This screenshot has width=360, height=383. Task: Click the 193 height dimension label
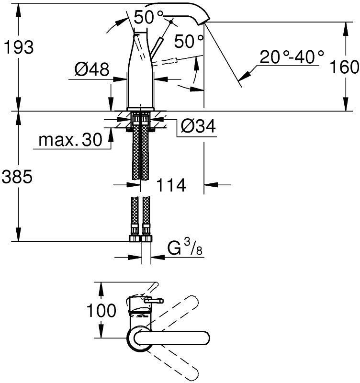pyautogui.click(x=18, y=47)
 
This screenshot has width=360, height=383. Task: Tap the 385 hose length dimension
pyautogui.click(x=18, y=177)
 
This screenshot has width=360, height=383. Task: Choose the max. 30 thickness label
pyautogui.click(x=70, y=140)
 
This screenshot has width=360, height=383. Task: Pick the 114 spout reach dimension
pyautogui.click(x=170, y=185)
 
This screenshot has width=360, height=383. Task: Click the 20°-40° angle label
pyautogui.click(x=292, y=58)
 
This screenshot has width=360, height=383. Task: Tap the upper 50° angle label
pyautogui.click(x=148, y=18)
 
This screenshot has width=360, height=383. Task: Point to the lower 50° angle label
pyautogui.click(x=188, y=41)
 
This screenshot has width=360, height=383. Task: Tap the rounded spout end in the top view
pyautogui.click(x=203, y=338)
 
